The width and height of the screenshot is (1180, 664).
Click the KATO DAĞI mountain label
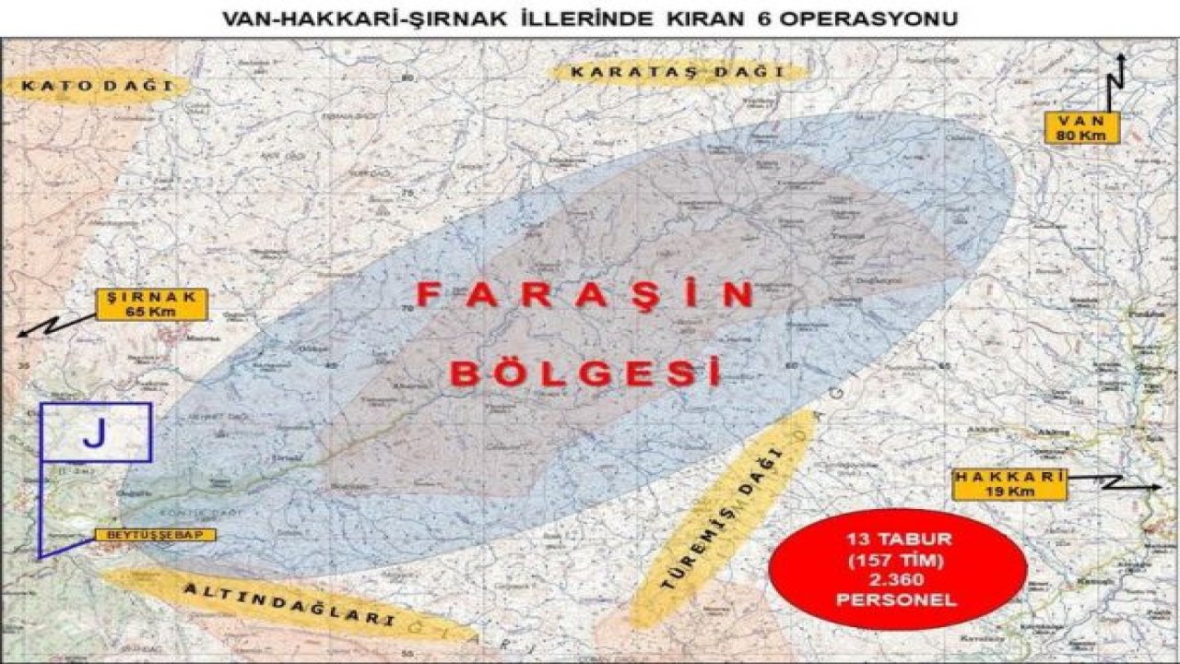pyautogui.click(x=98, y=87)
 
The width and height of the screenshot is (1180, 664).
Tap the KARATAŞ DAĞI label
pyautogui.click(x=677, y=72)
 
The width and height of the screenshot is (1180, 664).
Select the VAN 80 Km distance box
pyautogui.click(x=1081, y=128)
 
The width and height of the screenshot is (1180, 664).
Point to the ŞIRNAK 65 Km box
pyautogui.click(x=152, y=304)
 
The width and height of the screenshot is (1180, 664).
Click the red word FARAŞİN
pyautogui.click(x=585, y=295)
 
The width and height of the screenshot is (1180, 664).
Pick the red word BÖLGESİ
pyautogui.click(x=587, y=373)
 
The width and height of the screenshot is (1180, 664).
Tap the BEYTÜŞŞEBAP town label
pyautogui.click(x=154, y=535)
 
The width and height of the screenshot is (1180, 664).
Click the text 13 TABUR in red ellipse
pyautogui.click(x=896, y=539)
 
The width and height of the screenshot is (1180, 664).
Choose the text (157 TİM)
pyautogui.click(x=896, y=559)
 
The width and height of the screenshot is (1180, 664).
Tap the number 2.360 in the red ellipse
pyautogui.click(x=896, y=579)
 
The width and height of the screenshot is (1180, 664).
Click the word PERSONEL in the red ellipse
pyautogui.click(x=896, y=599)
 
